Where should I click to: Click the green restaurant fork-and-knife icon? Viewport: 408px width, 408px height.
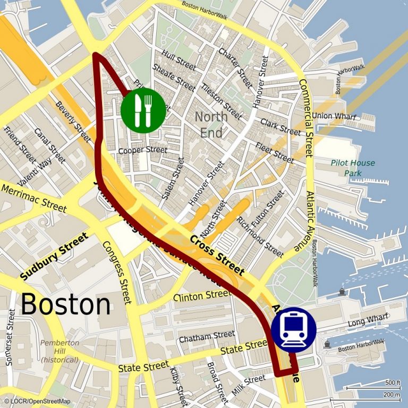click(x=143, y=110)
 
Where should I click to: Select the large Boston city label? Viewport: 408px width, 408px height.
click(x=66, y=304)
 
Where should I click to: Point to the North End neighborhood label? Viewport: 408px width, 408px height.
click(x=211, y=124)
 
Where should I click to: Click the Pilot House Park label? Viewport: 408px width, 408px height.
click(x=352, y=168)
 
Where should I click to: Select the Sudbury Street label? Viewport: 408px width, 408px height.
click(x=54, y=256)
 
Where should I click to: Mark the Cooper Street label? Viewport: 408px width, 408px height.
click(x=142, y=150)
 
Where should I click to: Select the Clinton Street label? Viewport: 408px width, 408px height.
click(x=202, y=295)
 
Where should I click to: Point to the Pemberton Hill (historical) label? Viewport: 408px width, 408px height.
click(x=59, y=351)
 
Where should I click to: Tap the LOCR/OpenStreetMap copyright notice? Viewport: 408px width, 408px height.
click(x=37, y=401)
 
